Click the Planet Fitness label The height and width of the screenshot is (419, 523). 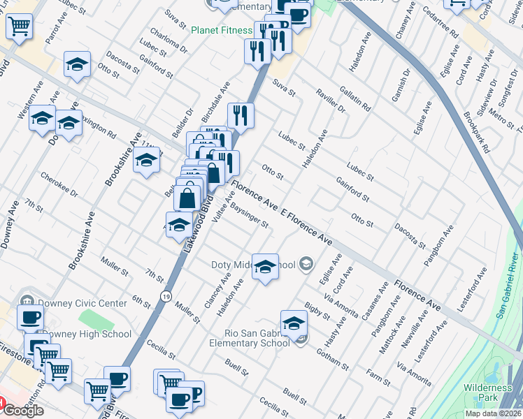222,30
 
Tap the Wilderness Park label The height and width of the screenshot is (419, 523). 487,393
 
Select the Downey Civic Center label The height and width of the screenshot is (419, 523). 82,303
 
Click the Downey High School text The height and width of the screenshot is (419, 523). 87,334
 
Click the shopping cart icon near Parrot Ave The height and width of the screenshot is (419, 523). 20,27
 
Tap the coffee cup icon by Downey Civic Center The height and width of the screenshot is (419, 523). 30,317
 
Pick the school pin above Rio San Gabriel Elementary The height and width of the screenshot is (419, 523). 294,323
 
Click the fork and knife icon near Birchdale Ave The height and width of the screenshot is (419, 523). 241,115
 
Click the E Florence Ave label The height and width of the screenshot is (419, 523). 306,228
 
